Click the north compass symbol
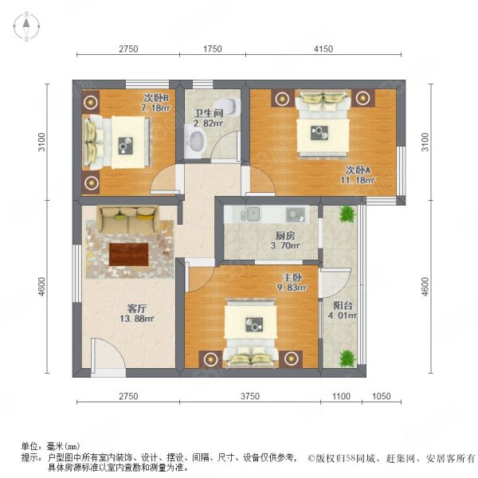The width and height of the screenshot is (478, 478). point(26,28)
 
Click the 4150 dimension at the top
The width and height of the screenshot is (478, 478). point(323,49)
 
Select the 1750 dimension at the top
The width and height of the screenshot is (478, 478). point(212,49)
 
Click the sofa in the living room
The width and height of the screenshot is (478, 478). point(127,214)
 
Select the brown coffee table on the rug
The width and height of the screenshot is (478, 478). point(128,253)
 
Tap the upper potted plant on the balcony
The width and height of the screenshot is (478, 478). point(347,214)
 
